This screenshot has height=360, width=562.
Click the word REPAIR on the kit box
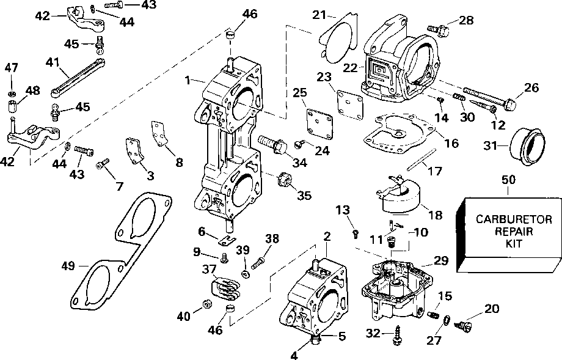(x=513, y=231)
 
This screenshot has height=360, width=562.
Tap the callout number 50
(x=509, y=179)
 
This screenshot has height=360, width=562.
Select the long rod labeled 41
(x=78, y=78)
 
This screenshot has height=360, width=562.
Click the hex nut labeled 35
(x=283, y=178)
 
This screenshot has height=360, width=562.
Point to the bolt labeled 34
(x=272, y=144)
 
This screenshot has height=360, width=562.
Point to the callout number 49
(x=68, y=266)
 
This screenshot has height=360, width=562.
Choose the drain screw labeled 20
(x=462, y=325)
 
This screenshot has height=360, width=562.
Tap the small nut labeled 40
(x=206, y=304)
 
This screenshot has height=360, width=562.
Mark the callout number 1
(x=188, y=80)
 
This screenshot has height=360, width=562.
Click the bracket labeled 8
(x=159, y=134)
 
